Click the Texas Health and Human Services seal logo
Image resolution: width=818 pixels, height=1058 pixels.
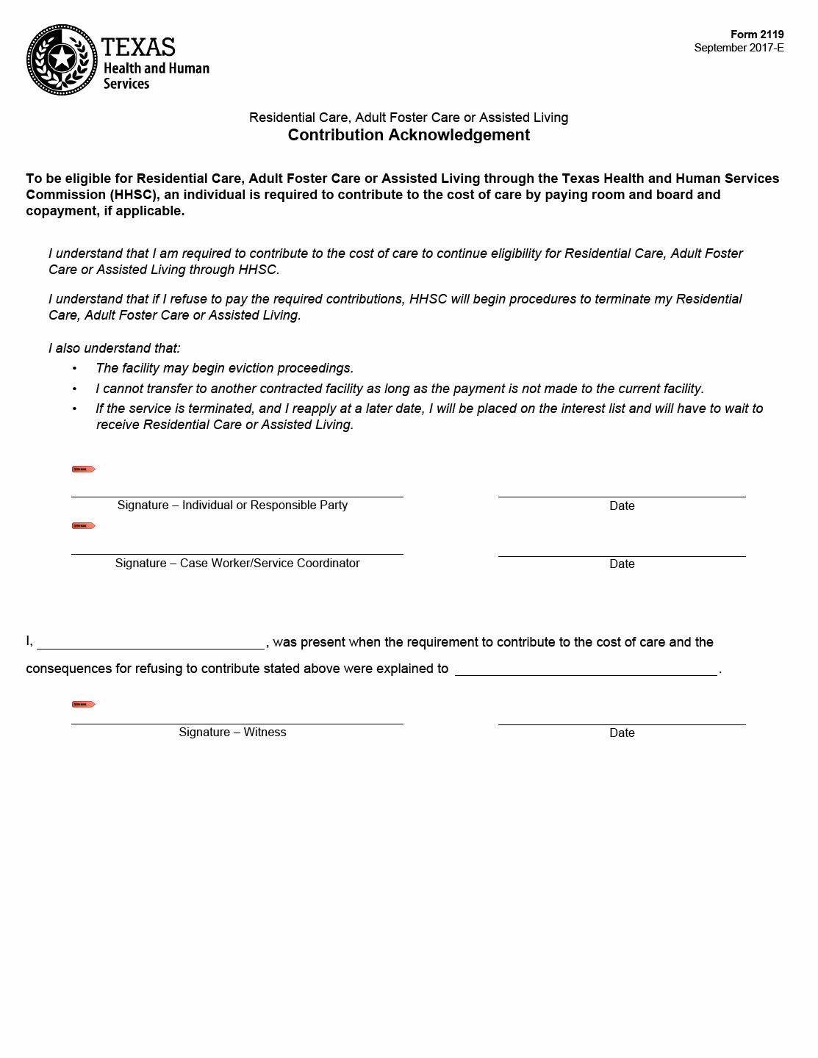(62, 60)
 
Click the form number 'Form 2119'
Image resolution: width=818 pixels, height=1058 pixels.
(757, 35)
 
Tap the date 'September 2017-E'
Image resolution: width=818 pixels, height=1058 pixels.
(739, 48)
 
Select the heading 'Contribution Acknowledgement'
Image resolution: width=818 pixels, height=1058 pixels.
(409, 135)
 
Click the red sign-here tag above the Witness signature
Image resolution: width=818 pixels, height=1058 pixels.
(84, 704)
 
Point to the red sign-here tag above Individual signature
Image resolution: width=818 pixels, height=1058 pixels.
(84, 469)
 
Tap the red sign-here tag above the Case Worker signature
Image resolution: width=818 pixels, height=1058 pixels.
(84, 526)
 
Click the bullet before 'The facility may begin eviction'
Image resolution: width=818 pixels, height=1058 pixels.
(74, 368)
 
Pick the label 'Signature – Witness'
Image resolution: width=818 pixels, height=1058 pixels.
(232, 732)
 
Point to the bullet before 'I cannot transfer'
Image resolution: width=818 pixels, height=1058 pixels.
(74, 389)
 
